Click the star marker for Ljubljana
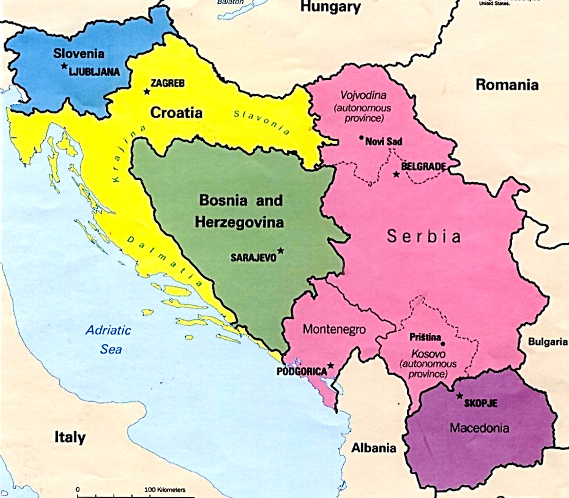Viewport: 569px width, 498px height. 64,66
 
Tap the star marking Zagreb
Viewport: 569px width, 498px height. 147,91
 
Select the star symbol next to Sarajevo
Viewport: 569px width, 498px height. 281,250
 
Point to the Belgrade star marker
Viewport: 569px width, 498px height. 396,174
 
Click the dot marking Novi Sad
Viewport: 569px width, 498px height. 361,138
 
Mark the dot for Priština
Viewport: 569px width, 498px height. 443,343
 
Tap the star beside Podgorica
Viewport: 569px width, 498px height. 330,365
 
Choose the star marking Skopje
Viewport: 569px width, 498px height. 459,396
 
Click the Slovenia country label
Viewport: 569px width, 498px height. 79,53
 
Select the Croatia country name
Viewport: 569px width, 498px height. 176,112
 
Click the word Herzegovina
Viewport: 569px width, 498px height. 239,222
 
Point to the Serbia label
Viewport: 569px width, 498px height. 423,236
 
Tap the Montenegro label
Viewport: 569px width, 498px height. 334,329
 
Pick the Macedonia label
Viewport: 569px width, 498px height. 479,428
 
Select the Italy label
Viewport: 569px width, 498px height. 70,437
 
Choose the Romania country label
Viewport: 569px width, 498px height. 507,84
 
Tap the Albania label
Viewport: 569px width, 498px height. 374,448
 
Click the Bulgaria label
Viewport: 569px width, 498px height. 548,341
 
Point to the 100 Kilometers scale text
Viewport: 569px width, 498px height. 165,489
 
